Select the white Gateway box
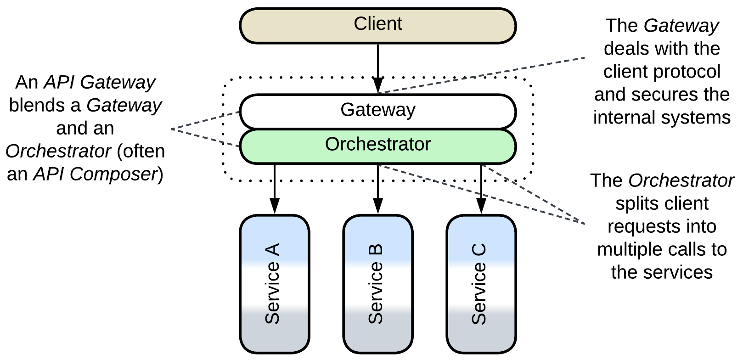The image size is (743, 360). click(377, 111)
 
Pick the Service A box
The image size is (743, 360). click(274, 284)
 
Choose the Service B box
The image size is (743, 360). click(377, 284)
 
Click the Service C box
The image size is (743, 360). click(481, 284)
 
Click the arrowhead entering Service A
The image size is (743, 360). click(274, 207)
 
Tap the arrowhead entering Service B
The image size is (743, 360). click(377, 207)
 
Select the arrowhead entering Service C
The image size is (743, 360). click(481, 207)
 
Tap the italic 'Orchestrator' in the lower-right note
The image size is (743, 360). click(681, 181)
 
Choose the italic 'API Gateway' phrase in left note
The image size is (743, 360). click(99, 83)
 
